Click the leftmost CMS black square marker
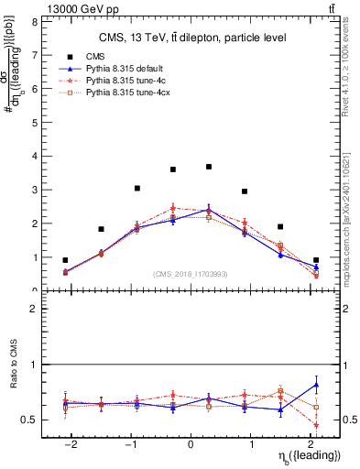[x=65, y=260]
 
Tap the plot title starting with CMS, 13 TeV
[x=190, y=38]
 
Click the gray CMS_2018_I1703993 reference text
[x=190, y=273]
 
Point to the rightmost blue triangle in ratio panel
[x=316, y=385]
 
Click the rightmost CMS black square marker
[x=316, y=260]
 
